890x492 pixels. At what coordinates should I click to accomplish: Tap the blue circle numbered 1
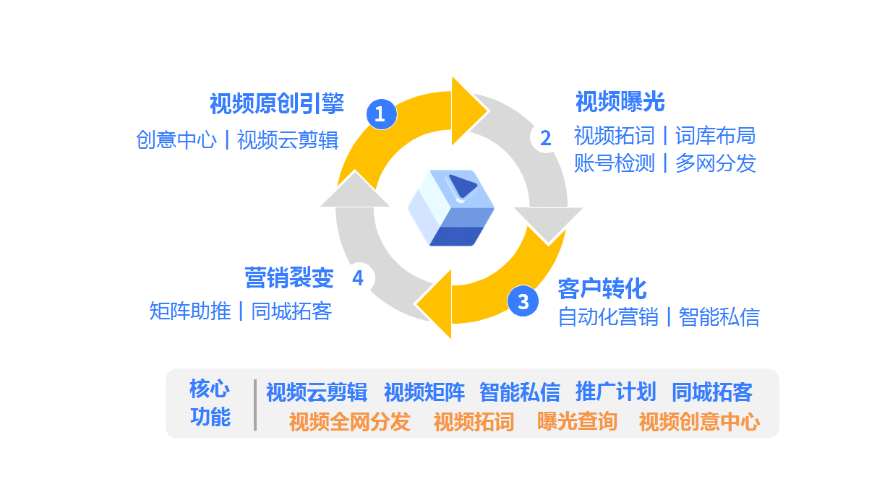click(382, 113)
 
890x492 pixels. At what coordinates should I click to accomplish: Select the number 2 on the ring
click(545, 138)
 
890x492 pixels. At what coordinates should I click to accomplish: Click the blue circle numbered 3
click(523, 301)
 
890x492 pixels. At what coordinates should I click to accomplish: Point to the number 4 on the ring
click(358, 278)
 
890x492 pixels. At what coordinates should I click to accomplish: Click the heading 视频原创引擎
click(276, 104)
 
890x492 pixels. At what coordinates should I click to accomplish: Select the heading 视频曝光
click(620, 102)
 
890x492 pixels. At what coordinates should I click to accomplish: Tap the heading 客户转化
click(602, 289)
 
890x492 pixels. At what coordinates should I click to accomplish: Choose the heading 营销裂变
click(289, 277)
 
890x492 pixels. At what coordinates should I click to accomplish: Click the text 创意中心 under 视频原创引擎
click(176, 139)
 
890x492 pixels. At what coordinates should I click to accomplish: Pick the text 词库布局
click(715, 136)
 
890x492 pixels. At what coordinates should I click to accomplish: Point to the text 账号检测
click(614, 163)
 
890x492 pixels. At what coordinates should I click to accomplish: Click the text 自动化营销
click(608, 317)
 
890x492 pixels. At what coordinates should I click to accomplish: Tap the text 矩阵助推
click(190, 311)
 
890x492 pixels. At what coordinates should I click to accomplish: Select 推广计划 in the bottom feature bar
click(615, 392)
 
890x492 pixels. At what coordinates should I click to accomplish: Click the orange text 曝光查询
click(577, 421)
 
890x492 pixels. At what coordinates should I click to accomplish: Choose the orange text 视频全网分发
click(349, 421)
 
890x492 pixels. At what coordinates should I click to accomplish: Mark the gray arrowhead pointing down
click(548, 223)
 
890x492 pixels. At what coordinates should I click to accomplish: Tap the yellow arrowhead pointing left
click(435, 303)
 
